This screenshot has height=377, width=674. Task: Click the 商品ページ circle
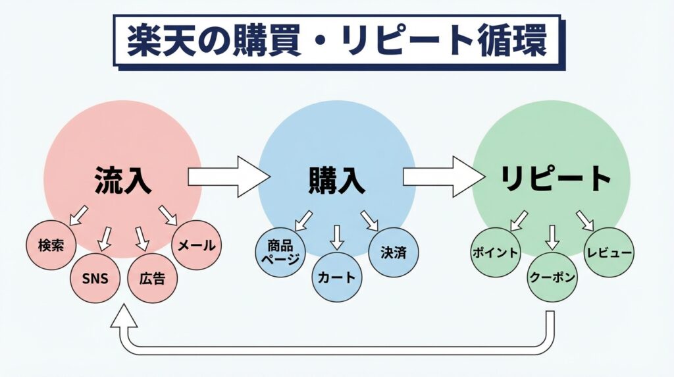[280, 251]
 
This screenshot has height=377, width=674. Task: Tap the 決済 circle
[394, 252]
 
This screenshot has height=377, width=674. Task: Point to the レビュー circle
[609, 252]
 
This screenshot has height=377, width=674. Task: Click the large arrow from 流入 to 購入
[228, 177]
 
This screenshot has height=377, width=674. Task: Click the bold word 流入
[123, 179]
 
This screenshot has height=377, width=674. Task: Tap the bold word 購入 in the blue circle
[336, 180]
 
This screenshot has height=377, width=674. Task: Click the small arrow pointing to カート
[337, 237]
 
